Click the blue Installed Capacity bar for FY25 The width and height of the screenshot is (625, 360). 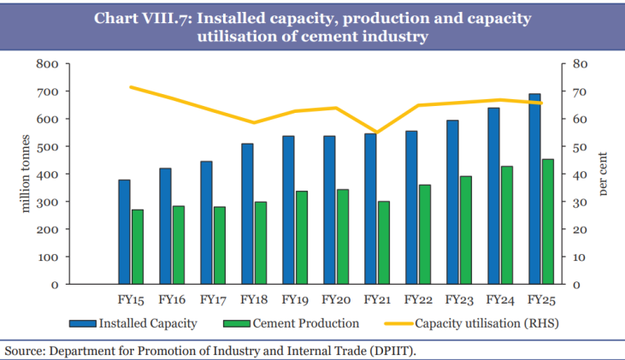pos(534,188)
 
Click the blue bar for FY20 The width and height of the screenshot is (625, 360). pos(329,210)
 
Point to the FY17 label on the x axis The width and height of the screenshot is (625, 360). pos(213,300)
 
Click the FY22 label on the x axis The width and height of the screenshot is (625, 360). pos(417,300)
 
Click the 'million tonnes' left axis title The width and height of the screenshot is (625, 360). pos(26,174)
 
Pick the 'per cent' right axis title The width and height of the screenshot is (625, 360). pos(603,174)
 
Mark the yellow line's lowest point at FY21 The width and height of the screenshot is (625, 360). pos(377,133)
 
